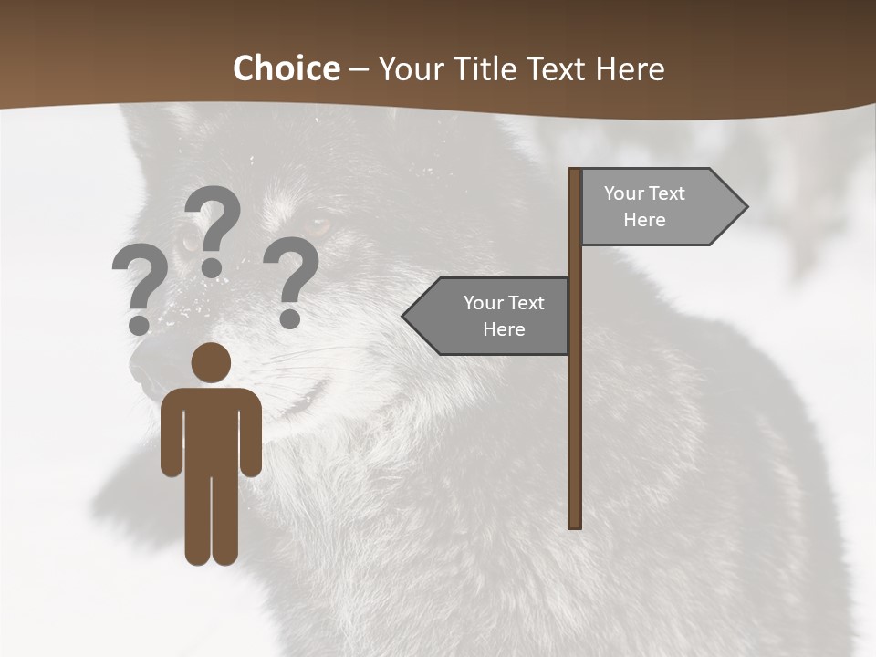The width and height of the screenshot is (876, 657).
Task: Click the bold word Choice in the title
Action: (x=286, y=68)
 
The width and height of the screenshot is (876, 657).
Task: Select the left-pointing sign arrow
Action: (x=488, y=316)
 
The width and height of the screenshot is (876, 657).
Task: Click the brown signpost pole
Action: (x=575, y=411)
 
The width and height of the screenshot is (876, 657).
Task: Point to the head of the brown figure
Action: (x=211, y=362)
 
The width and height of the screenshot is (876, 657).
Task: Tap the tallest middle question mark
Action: (x=213, y=228)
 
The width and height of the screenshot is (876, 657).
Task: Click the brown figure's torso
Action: (x=211, y=429)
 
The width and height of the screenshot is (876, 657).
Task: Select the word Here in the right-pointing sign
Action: (x=644, y=220)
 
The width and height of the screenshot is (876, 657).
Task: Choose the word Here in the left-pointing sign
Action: (x=504, y=329)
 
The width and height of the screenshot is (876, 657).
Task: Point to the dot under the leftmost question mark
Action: (x=139, y=325)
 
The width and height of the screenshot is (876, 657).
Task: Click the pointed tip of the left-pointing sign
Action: (x=404, y=316)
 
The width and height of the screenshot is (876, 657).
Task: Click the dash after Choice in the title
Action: (x=359, y=70)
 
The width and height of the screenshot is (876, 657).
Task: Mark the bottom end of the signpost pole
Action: (x=575, y=526)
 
